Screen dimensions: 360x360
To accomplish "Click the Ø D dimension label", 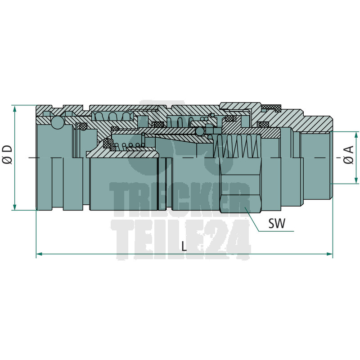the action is click(x=7, y=154).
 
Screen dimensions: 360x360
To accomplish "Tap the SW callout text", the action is click(x=277, y=223).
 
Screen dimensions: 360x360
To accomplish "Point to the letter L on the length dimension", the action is click(x=184, y=246).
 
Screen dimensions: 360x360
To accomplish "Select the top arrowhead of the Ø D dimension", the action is click(x=15, y=108).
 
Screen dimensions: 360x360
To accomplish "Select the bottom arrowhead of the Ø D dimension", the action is click(x=15, y=207).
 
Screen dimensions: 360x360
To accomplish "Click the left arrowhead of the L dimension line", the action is click(x=40, y=254).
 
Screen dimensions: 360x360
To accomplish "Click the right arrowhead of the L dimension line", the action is click(x=329, y=254).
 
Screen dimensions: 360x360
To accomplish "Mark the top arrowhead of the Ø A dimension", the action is click(x=356, y=135).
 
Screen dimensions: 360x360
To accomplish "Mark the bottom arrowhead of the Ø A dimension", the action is click(x=356, y=180).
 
